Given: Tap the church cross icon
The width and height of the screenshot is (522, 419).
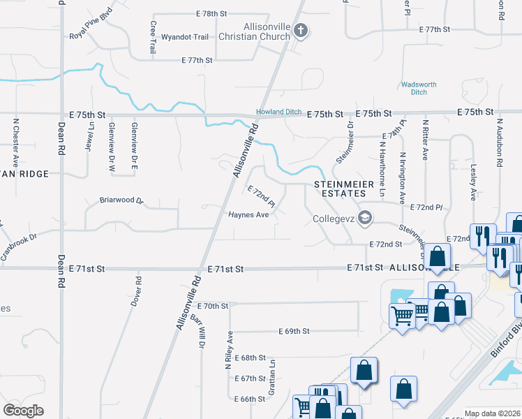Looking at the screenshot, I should (301, 31).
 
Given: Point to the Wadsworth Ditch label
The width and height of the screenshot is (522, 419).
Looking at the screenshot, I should (419, 89).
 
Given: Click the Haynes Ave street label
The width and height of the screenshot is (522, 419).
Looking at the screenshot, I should (248, 215).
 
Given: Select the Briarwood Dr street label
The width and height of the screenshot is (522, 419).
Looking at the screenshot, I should (121, 200).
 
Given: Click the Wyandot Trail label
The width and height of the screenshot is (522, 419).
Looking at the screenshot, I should (185, 36).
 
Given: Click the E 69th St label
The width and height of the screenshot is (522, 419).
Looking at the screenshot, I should (293, 331).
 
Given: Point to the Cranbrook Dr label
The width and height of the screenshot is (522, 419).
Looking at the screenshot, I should (18, 247).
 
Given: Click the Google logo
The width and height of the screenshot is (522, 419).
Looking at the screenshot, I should (23, 410).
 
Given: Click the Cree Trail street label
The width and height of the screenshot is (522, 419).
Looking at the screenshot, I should (153, 37).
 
